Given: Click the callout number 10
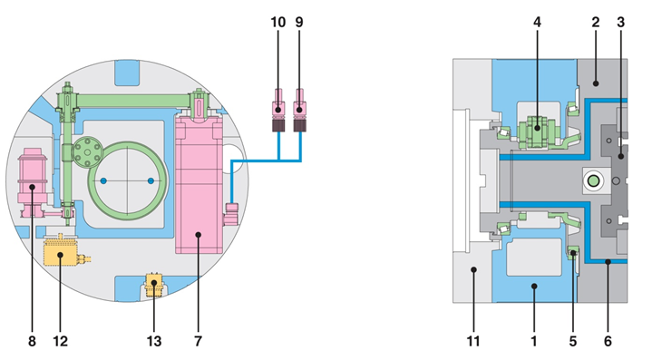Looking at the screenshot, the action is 278,22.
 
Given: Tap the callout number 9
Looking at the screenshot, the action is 299,22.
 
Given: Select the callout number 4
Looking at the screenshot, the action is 537,22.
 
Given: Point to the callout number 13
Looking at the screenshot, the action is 154,341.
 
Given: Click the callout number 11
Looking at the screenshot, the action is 473,341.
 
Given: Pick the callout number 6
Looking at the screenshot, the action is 608,341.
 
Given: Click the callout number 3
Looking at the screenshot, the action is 620,22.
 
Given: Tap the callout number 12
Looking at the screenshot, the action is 61,341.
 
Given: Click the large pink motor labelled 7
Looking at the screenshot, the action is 199,185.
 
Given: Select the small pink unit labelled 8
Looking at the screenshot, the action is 32,181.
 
